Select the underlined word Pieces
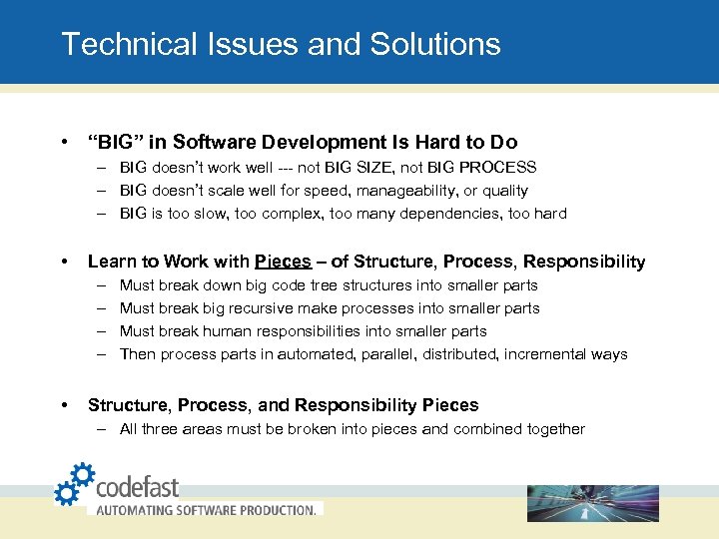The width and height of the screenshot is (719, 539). click(x=283, y=262)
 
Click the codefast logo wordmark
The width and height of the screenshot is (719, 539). click(x=137, y=487)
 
